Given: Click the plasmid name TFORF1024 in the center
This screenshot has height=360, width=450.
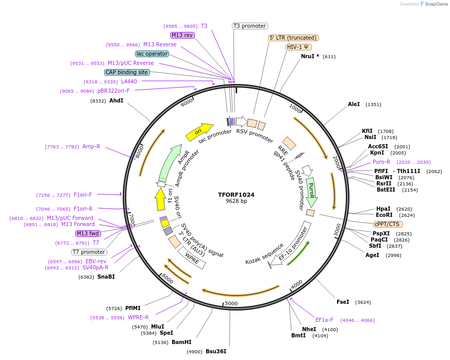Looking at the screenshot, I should point(236,195).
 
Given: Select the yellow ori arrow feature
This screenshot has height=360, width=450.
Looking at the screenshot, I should point(199,132).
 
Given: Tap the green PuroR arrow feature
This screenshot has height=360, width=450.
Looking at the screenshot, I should point(311,191).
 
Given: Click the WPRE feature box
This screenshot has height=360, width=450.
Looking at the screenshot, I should point(192,257).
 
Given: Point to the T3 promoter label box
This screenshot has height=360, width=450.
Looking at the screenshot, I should point(249,26).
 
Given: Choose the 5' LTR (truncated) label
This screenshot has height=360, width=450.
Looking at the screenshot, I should point(294,38).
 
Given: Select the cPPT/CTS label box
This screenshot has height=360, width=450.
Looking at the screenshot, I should point(388,224).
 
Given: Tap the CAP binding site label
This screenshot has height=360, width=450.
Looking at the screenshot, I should point(127,73).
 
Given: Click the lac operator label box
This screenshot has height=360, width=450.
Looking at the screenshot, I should point(152,54).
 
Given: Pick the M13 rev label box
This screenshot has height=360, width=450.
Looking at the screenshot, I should point(182,35).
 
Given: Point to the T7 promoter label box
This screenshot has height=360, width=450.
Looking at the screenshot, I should point(89,252).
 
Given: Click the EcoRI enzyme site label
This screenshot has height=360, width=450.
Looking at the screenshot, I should point(384,215).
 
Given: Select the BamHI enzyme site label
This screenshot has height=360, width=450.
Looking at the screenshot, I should point(181,342).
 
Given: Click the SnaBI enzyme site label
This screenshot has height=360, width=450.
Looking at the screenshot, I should point(106,277).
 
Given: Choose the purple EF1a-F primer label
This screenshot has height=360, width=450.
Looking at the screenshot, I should point(324,320).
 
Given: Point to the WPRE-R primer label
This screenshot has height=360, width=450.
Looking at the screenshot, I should point(138,317).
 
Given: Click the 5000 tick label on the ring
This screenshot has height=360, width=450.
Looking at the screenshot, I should point(231,303).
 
